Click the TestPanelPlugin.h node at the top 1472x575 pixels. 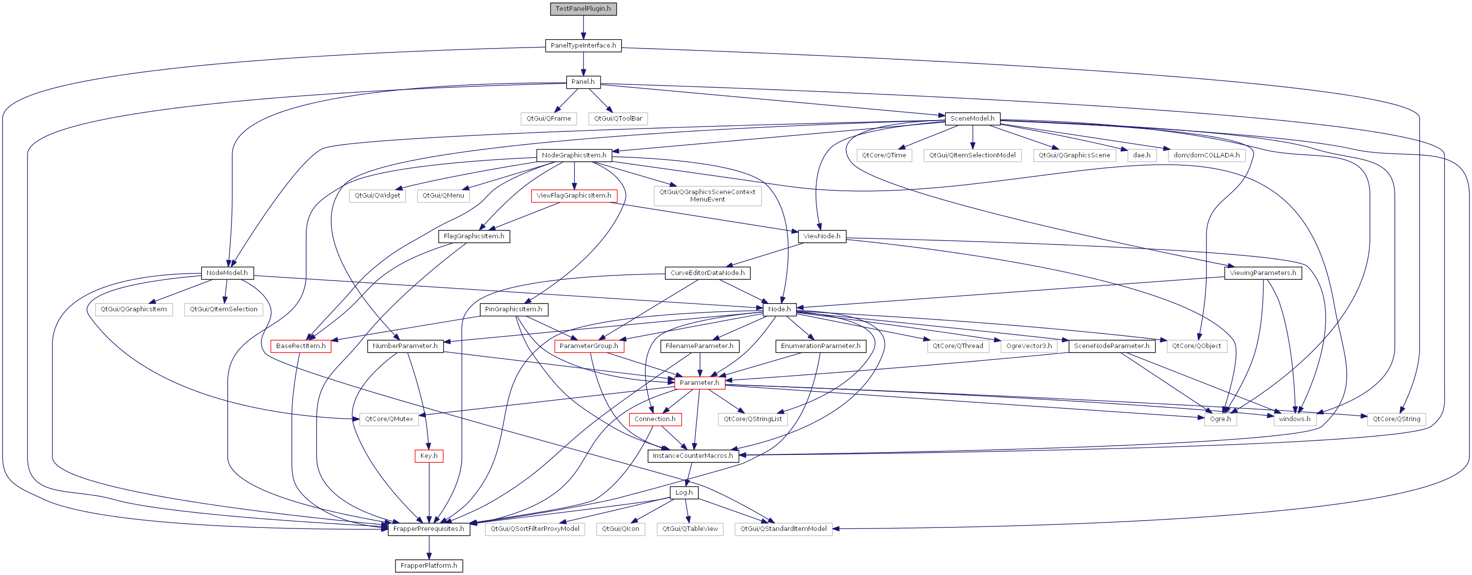tap(583, 8)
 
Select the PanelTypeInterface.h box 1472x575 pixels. tap(583, 45)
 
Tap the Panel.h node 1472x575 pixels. tap(583, 82)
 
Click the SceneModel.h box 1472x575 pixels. tap(972, 118)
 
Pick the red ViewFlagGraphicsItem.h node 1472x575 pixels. tap(574, 195)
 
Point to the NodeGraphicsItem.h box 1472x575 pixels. tap(574, 155)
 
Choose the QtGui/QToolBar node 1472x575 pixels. tap(618, 118)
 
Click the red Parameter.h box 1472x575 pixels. tap(699, 382)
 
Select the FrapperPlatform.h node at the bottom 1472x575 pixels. tap(428, 565)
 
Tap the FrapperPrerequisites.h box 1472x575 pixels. tap(428, 529)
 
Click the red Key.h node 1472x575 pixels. tap(428, 456)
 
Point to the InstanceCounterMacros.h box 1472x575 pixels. tap(692, 456)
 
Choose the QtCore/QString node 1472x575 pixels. tap(1396, 419)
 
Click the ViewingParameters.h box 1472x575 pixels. tap(1263, 273)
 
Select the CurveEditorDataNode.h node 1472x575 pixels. tap(708, 273)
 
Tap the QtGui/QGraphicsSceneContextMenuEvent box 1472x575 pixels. tap(708, 195)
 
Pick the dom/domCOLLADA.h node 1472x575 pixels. tap(1206, 155)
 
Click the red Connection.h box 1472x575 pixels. tap(655, 419)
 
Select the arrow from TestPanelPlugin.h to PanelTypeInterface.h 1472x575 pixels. tap(583, 27)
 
